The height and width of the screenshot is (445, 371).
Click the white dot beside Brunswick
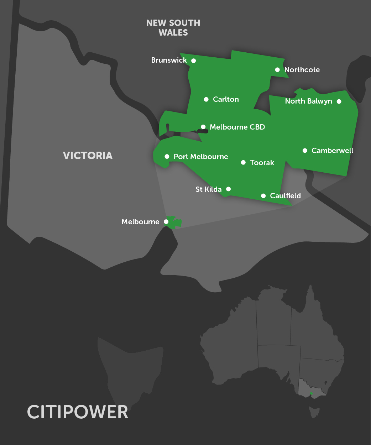(193, 61)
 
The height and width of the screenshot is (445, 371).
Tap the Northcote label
(302, 70)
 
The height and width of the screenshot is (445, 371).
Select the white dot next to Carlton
(206, 99)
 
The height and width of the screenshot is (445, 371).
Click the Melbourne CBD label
(237, 127)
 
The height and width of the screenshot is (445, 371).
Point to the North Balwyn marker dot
(339, 101)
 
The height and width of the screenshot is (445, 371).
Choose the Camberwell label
(332, 151)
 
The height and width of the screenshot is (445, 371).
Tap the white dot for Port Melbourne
(167, 157)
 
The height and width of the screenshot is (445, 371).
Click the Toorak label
(262, 163)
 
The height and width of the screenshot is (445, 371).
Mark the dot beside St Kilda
(229, 189)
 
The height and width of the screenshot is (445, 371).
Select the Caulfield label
(285, 196)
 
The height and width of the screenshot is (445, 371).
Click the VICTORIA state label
(88, 156)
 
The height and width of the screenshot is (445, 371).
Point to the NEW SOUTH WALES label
(173, 28)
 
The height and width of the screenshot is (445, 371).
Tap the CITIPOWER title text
(78, 412)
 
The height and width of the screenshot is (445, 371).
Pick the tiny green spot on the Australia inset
(312, 393)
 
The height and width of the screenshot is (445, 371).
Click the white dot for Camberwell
(305, 151)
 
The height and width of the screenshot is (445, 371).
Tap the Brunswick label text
(169, 60)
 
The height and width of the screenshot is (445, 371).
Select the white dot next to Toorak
(243, 163)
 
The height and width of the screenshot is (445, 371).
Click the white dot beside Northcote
(277, 70)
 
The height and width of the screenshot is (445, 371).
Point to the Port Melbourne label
(200, 157)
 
